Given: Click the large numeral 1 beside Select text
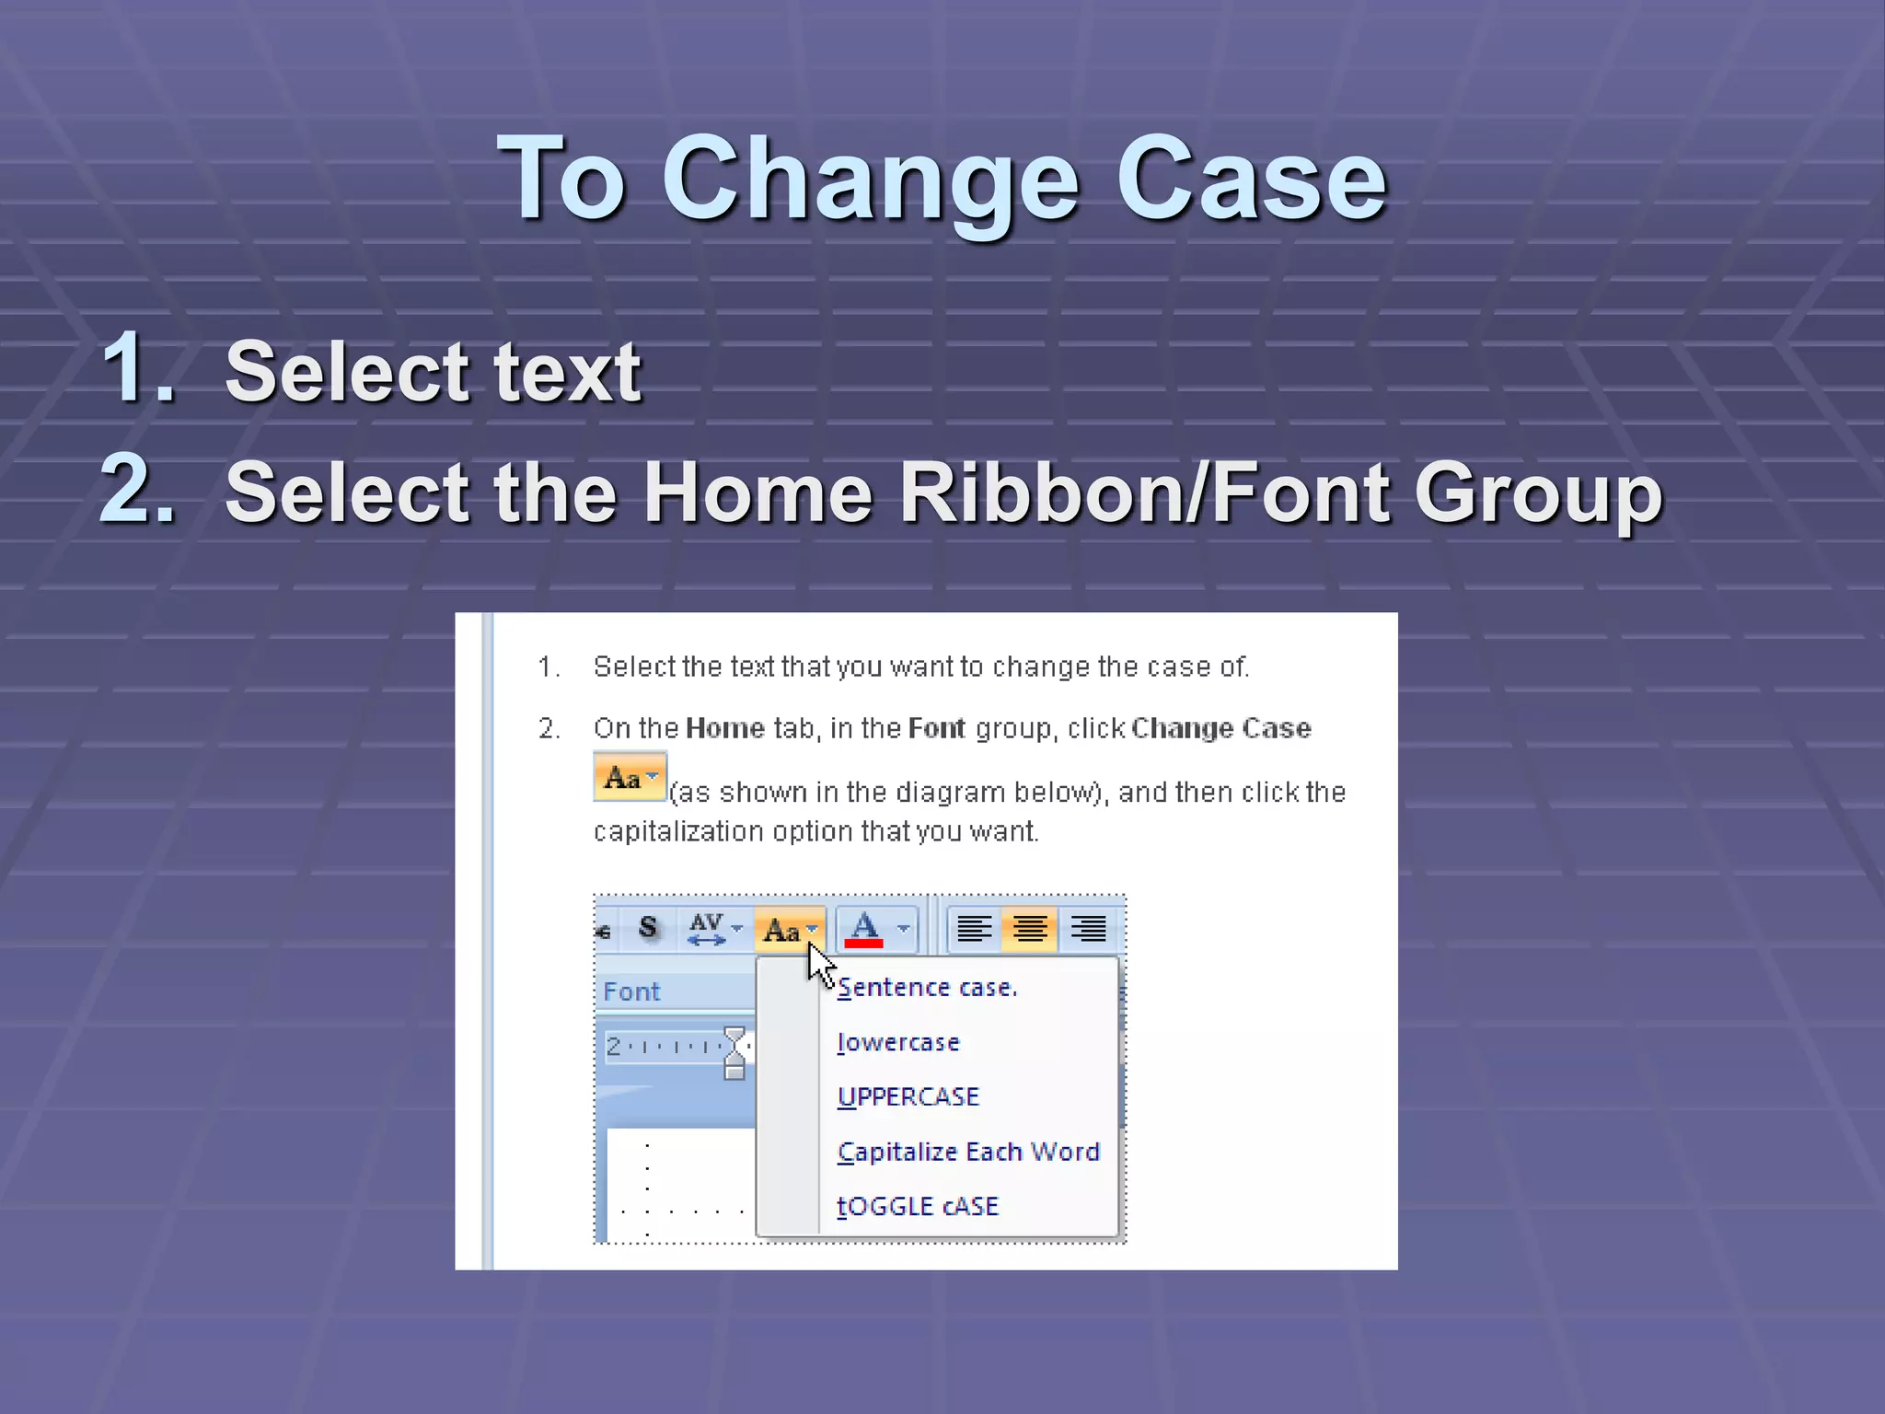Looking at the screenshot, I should [138, 368].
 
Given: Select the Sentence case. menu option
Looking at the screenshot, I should [927, 988].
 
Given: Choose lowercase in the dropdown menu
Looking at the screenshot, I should [898, 1042].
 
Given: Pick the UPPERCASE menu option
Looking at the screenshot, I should [908, 1096].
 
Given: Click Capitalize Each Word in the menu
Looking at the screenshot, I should [968, 1152].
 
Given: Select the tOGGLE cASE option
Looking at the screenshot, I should [918, 1206].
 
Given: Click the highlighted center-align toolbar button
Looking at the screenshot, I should [1030, 929].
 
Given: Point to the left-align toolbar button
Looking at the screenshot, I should [974, 929].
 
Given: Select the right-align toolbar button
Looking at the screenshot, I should [1088, 929].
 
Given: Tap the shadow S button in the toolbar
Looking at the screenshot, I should [648, 928].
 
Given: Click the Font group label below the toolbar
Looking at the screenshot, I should [631, 991].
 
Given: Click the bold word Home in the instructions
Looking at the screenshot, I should [724, 728].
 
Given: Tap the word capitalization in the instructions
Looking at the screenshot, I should [678, 831].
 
